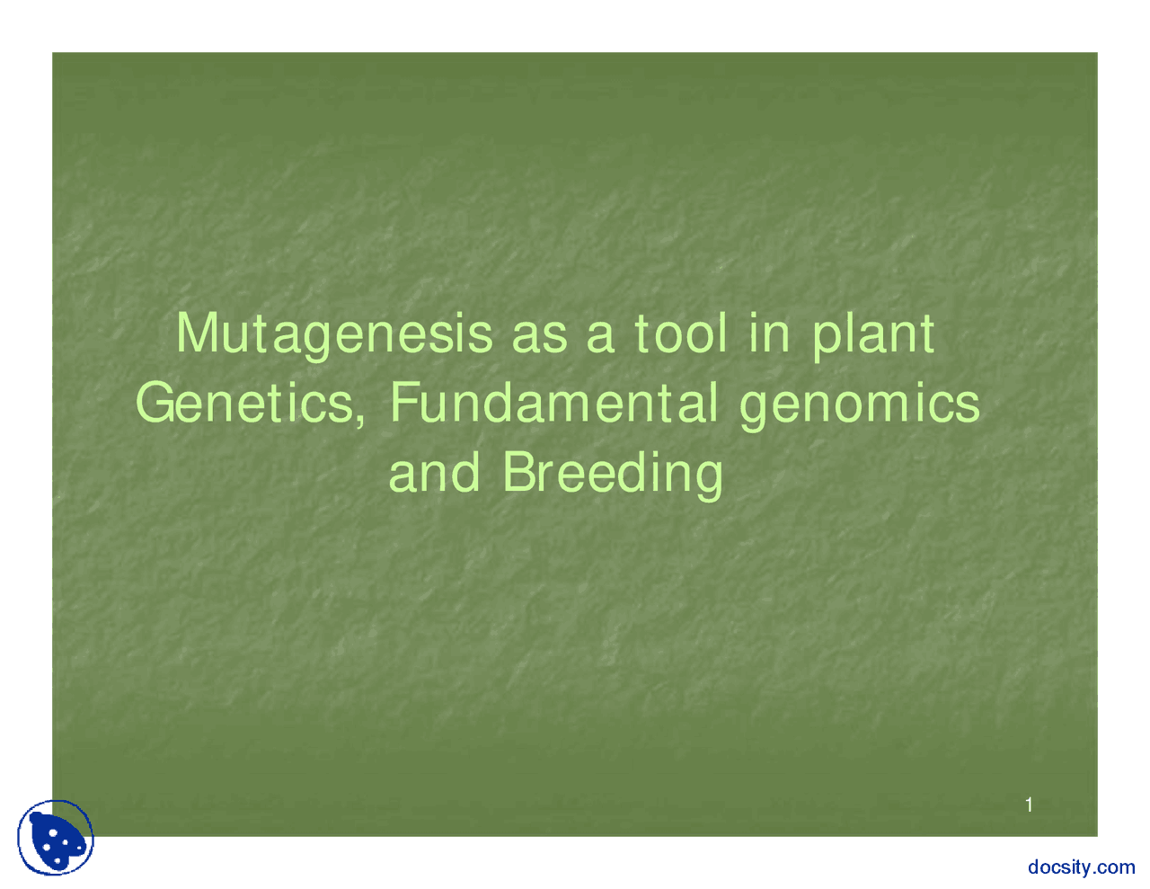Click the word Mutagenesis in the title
(x=334, y=334)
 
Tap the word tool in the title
(x=680, y=333)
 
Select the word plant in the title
(x=873, y=334)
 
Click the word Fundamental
(x=553, y=403)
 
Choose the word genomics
(x=860, y=404)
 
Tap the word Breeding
(x=613, y=473)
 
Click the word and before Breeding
(x=434, y=473)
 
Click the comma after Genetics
(x=361, y=417)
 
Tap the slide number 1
(x=1029, y=805)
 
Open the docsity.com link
(x=1081, y=867)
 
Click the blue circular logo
(x=56, y=838)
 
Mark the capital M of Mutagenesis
(x=197, y=333)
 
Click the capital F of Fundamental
(x=403, y=403)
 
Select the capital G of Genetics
(x=155, y=403)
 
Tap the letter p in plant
(x=825, y=338)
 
